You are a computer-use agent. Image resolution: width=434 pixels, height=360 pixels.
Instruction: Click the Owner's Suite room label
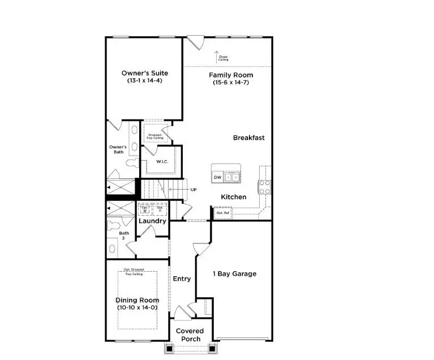pyautogui.click(x=145, y=73)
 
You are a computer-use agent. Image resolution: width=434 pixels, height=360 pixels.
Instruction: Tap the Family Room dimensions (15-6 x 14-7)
pyautogui.click(x=230, y=83)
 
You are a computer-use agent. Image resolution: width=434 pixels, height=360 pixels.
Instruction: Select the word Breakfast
pyautogui.click(x=248, y=138)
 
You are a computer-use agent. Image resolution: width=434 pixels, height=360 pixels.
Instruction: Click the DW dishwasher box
pyautogui.click(x=217, y=178)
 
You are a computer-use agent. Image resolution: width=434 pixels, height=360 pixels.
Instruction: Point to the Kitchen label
pyautogui.click(x=233, y=197)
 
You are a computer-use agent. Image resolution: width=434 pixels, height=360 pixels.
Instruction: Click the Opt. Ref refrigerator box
pyautogui.click(x=222, y=213)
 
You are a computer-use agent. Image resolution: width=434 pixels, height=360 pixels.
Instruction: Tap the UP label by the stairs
pyautogui.click(x=194, y=190)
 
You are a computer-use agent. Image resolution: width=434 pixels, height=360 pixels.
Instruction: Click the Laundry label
pyautogui.click(x=152, y=221)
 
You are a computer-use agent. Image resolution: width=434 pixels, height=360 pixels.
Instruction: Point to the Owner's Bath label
pyautogui.click(x=118, y=149)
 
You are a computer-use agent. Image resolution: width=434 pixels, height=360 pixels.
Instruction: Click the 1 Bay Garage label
pyautogui.click(x=234, y=274)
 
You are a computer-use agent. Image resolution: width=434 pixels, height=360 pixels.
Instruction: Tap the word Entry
pyautogui.click(x=182, y=278)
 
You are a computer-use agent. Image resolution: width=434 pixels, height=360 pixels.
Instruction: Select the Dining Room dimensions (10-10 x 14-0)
pyautogui.click(x=137, y=307)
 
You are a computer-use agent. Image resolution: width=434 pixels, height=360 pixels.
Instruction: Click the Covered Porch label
pyautogui.click(x=190, y=335)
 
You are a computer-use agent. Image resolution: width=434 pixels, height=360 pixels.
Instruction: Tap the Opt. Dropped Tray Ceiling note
pyautogui.click(x=134, y=272)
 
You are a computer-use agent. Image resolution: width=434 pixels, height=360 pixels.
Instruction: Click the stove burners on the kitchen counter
pyautogui.click(x=264, y=187)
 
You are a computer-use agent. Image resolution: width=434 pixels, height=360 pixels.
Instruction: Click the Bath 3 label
pyautogui.click(x=123, y=235)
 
